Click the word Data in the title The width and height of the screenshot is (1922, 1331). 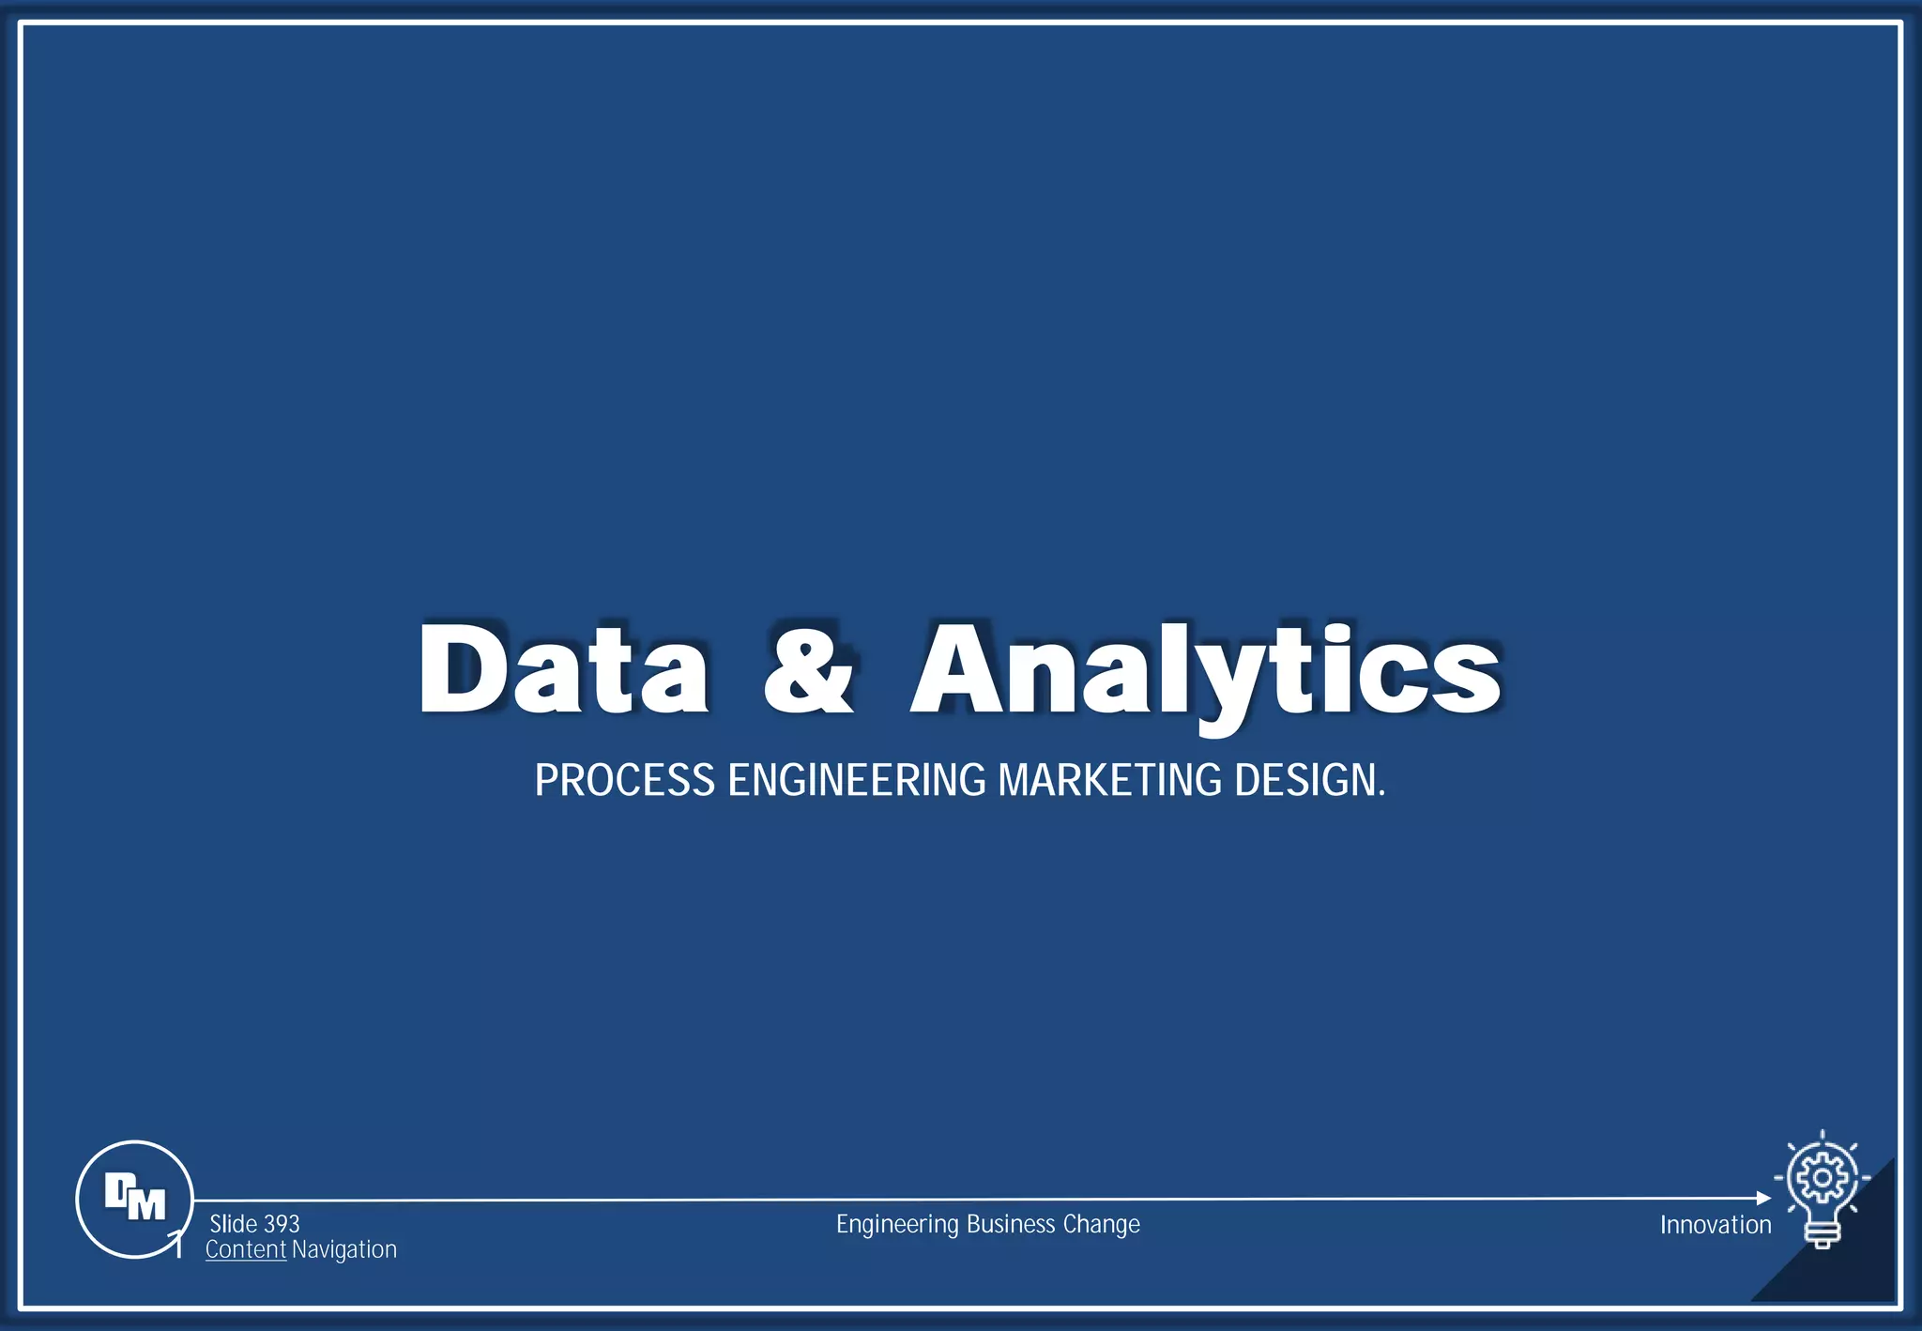coord(563,668)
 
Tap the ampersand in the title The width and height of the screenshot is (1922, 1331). coord(809,668)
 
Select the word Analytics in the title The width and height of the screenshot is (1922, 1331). coord(1206,668)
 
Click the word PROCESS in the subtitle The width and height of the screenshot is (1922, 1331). coord(625,781)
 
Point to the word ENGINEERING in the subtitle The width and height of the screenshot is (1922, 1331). coord(857,781)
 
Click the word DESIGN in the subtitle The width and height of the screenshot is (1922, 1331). coord(1306,781)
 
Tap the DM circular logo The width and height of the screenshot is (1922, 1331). coord(134,1199)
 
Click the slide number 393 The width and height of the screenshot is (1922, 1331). coord(282,1224)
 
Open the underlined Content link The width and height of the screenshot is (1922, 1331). coord(246,1249)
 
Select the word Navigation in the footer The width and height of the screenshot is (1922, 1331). coord(344,1249)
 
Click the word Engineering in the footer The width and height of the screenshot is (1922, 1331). coord(897,1224)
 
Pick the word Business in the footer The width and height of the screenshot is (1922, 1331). coord(1011,1224)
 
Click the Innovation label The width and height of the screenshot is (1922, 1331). coord(1716,1225)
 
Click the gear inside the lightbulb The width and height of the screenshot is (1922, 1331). coord(1822,1177)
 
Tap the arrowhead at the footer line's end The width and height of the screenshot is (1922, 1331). coord(1763,1198)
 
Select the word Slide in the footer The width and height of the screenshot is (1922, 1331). coord(233,1224)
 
